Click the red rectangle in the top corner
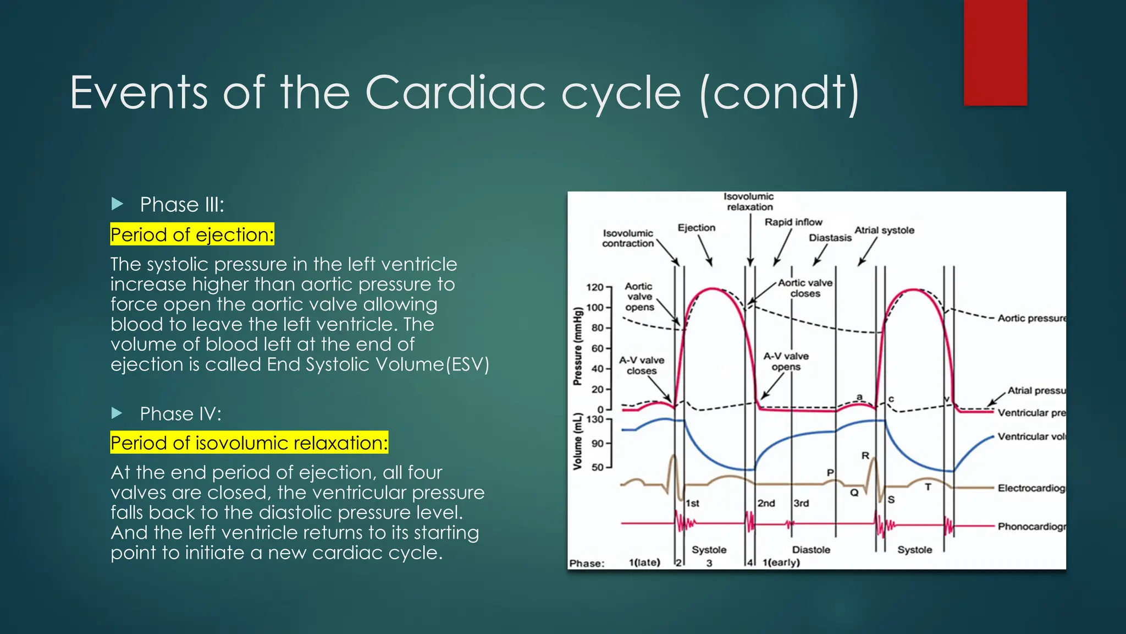point(995,52)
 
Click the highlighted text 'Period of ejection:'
point(192,234)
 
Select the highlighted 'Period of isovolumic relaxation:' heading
point(249,442)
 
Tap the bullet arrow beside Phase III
point(117,204)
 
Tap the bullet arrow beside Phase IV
point(117,413)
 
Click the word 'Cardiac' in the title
point(455,92)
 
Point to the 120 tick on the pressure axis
point(595,287)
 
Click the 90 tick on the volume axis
point(597,444)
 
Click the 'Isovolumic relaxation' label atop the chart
point(749,201)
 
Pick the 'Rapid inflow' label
point(793,222)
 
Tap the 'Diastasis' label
point(830,238)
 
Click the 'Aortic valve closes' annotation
point(805,288)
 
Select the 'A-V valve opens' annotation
point(786,362)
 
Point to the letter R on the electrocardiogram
point(865,456)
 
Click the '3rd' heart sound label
point(801,503)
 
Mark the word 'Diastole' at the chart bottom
point(811,550)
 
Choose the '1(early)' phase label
point(781,562)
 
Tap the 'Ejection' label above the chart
point(696,228)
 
